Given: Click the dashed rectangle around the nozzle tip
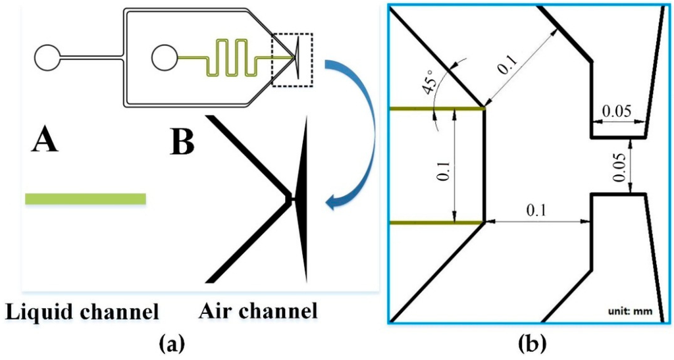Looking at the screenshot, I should (294, 60).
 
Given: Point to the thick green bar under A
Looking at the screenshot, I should (85, 199).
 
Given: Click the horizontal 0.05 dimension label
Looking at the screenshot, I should (617, 112).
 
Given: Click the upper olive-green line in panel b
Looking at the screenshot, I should (434, 109).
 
